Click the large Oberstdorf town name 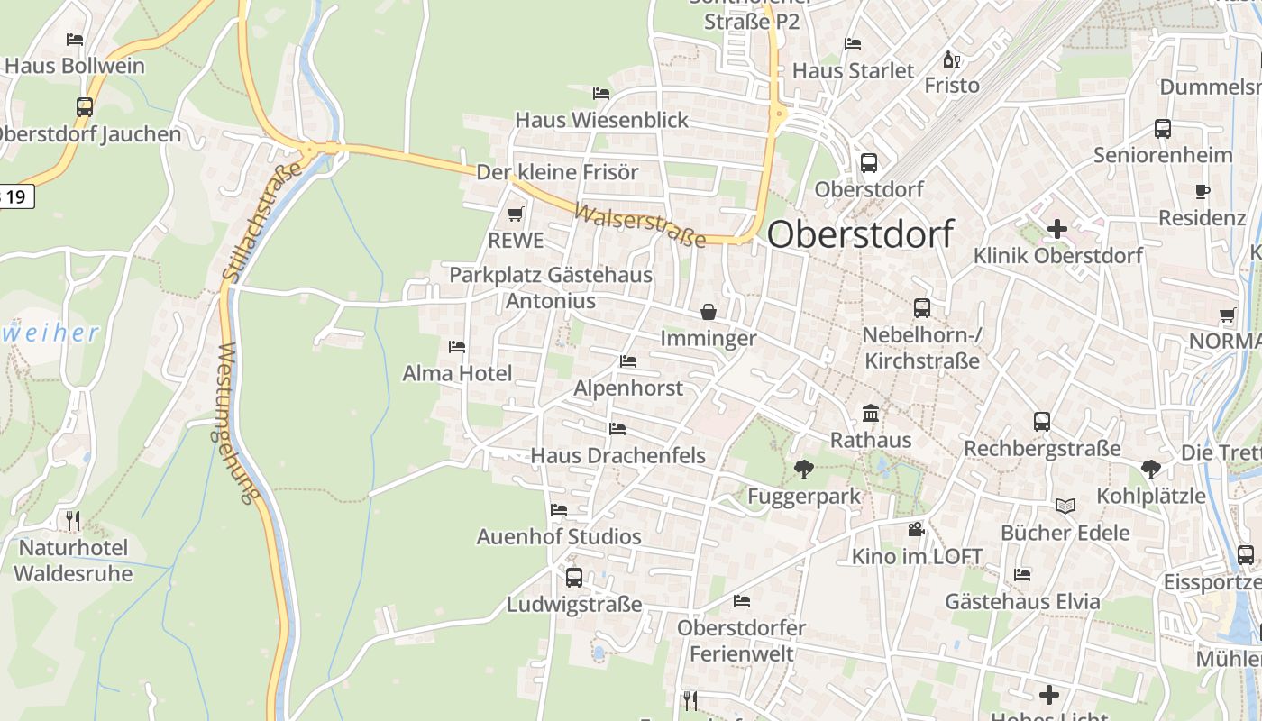tap(860, 234)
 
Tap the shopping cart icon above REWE tap(516, 214)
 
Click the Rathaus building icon tap(871, 414)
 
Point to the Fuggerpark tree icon tap(803, 469)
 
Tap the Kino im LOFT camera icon tap(917, 529)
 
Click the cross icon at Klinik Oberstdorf tap(1057, 229)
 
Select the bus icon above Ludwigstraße tap(573, 577)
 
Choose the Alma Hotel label tap(457, 373)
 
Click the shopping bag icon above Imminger tap(709, 312)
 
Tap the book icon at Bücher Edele tap(1065, 506)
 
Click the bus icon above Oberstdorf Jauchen tap(85, 106)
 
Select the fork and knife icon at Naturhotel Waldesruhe tap(73, 520)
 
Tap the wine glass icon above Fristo tap(951, 60)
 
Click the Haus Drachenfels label tap(617, 455)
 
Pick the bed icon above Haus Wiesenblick tap(601, 94)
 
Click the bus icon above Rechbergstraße tap(1042, 421)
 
